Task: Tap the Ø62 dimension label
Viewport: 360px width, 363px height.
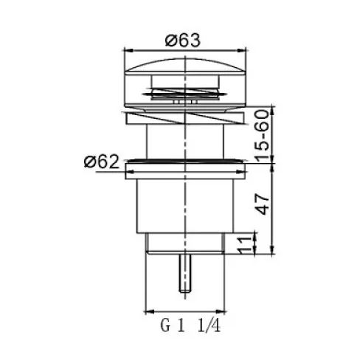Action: coord(101,162)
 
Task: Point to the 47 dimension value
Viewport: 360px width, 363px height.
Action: coord(262,204)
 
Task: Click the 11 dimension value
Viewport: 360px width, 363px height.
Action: coord(245,245)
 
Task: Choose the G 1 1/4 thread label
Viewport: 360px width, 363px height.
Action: coord(190,325)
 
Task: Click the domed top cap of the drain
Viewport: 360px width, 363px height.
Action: coord(185,65)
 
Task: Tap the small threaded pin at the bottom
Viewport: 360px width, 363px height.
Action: coord(185,274)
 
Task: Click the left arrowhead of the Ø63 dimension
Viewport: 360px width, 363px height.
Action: coord(128,50)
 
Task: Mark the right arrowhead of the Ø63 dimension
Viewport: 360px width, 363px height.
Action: coord(242,50)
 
